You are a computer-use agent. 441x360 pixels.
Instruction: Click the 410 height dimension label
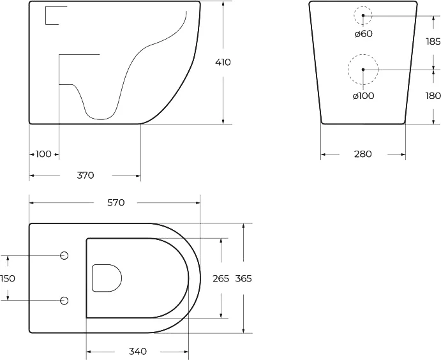point(223,63)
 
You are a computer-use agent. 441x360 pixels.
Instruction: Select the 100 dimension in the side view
point(43,154)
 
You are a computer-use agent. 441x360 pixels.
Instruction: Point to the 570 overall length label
point(116,203)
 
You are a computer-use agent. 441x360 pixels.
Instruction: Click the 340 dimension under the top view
point(137,352)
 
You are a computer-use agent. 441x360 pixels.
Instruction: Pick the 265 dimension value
point(220,278)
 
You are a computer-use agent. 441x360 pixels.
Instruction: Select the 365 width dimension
point(244,278)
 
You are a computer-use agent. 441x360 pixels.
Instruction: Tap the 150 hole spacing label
point(8,278)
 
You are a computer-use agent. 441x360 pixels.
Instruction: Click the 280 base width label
point(362,154)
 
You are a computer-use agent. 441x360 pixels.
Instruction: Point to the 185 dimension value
point(433,41)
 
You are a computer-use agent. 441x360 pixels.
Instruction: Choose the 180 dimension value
point(433,96)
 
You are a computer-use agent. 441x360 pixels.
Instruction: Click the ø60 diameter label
point(363,33)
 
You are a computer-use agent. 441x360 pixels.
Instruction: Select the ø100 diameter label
point(363,96)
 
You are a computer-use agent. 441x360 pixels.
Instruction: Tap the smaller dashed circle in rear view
point(363,15)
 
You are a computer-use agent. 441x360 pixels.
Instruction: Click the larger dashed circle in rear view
point(363,69)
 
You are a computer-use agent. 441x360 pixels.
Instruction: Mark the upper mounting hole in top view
point(64,256)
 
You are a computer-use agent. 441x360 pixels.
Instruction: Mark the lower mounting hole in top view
point(64,301)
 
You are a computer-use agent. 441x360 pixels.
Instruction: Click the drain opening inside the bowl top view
point(107,278)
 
